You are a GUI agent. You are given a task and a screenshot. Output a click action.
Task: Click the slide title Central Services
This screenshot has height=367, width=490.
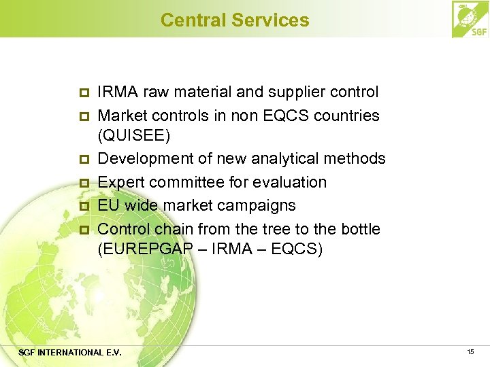pos(235,20)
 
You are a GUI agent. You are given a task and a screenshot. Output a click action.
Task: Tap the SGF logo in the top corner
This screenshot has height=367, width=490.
pos(470,19)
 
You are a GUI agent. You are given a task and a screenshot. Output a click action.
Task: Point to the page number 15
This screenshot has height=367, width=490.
pos(470,351)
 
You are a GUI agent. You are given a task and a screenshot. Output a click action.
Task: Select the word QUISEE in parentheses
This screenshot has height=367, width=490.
pos(134,136)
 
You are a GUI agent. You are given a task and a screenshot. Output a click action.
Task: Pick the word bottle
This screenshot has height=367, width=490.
pos(357,228)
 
